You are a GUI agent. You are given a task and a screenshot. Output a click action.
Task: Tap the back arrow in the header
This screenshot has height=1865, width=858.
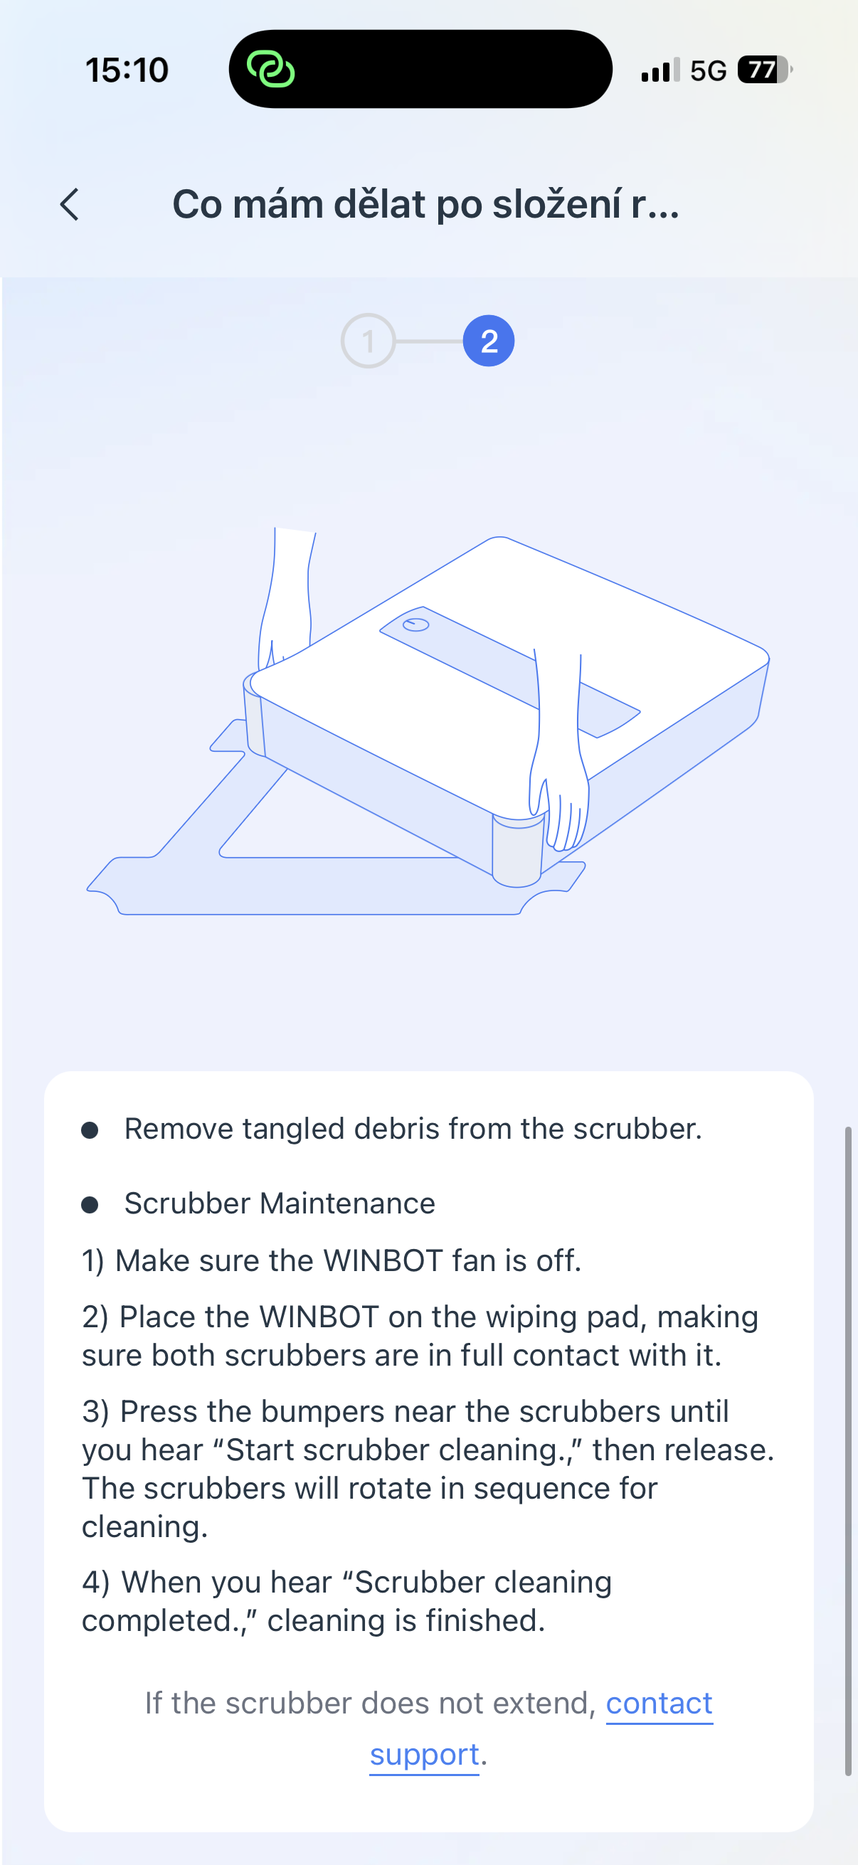(70, 204)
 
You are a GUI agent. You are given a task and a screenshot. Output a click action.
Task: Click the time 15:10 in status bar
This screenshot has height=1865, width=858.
(127, 70)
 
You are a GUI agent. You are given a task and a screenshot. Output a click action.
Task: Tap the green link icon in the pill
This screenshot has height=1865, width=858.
(271, 70)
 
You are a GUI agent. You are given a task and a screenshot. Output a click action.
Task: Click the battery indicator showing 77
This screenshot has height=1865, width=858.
(763, 70)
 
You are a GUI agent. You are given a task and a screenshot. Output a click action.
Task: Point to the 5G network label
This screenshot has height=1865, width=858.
(707, 71)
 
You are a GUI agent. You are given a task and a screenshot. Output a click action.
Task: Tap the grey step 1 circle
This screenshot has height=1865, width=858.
(368, 340)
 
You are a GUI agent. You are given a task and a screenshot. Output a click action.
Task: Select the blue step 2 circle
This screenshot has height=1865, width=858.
(489, 340)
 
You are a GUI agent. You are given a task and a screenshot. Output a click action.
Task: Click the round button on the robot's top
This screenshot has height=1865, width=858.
(415, 624)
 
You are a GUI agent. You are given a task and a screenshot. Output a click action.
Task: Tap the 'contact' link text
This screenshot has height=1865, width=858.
(659, 1703)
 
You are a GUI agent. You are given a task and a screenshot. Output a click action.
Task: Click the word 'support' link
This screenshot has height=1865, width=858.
(424, 1754)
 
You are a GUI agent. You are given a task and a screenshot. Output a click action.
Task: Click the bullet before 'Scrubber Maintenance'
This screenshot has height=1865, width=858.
(90, 1204)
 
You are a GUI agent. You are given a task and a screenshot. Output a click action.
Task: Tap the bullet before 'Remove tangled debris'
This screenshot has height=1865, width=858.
(90, 1130)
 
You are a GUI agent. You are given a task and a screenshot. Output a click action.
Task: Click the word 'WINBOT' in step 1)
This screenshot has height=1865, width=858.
(382, 1260)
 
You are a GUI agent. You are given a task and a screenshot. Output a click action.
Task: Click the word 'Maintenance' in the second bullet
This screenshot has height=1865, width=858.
(348, 1204)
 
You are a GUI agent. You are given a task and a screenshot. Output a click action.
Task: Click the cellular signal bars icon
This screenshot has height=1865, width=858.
(660, 70)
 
